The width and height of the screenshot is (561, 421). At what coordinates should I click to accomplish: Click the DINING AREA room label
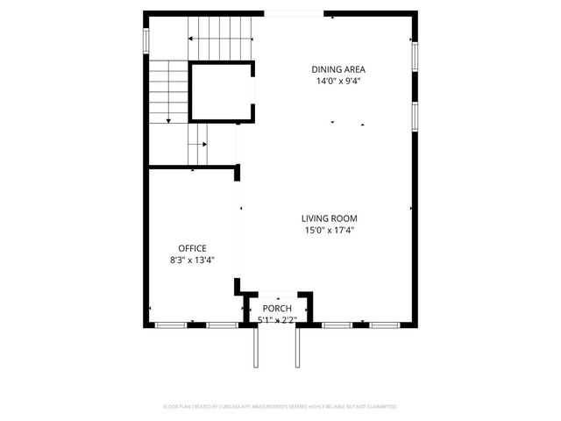coord(338,69)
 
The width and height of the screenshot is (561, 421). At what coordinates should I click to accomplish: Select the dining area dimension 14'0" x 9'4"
coord(338,81)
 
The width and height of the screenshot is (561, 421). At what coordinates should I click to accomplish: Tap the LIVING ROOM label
coord(330,218)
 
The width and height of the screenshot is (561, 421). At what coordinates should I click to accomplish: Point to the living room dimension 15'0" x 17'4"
coord(330,231)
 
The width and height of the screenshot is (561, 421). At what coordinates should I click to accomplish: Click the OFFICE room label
coord(192,247)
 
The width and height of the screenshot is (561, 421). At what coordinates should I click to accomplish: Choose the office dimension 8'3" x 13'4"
coord(192,260)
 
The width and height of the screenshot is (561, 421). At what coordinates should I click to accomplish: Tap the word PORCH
coord(277,309)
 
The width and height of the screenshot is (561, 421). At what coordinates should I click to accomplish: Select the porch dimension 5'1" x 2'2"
coord(277,320)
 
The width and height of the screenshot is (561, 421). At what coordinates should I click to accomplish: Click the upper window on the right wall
coord(414,56)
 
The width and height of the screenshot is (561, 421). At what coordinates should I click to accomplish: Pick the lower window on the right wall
coord(414,116)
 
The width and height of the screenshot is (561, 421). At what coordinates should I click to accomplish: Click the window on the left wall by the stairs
coord(146,41)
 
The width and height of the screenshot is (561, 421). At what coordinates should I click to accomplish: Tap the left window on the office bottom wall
coord(171,325)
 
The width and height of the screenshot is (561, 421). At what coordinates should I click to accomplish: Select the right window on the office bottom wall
coord(222,325)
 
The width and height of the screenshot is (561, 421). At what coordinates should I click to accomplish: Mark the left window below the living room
coord(336,325)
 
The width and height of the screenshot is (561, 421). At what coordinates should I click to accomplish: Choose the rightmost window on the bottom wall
coord(384,325)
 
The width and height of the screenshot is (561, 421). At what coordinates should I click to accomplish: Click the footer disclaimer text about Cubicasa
coord(280,407)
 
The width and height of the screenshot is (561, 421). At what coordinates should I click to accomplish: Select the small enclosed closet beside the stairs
coord(222,91)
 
